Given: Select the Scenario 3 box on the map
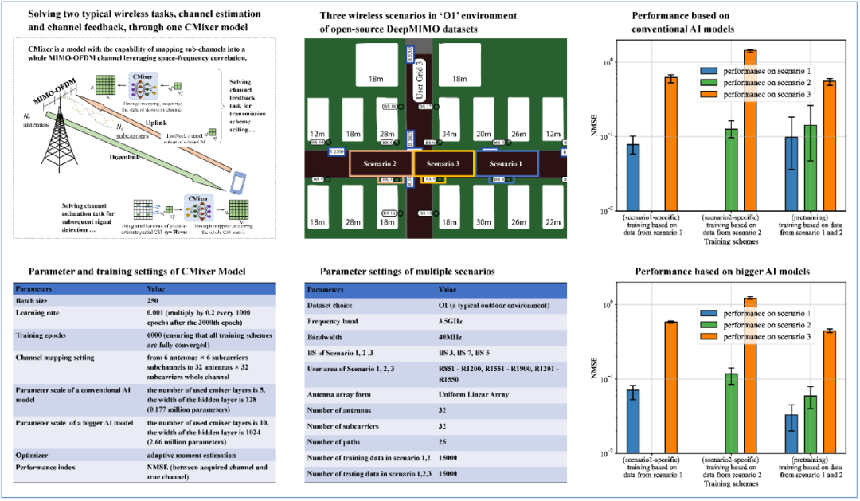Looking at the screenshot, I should coord(444,163).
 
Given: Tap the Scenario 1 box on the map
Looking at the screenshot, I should coord(506,163).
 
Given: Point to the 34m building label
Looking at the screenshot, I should coord(450,134).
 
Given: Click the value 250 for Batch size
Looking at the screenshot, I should coord(155,303).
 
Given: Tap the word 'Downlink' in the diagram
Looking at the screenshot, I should coord(127,158).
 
